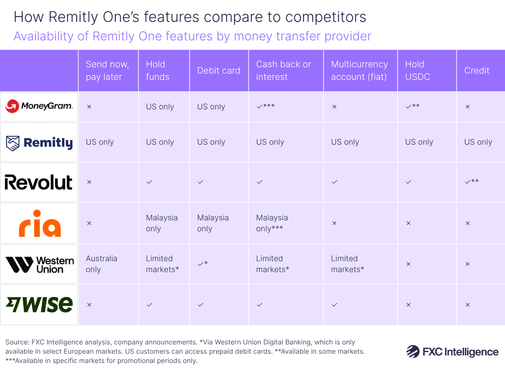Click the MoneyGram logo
tap(39, 106)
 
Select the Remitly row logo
tap(39, 143)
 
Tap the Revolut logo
tap(39, 183)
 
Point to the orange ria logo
tap(40, 223)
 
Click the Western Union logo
tap(40, 264)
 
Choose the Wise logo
tap(39, 304)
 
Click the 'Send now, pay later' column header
tap(107, 71)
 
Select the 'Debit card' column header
tap(218, 71)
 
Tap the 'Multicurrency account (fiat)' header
tap(359, 71)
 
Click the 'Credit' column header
tap(476, 71)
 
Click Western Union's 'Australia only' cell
tap(101, 264)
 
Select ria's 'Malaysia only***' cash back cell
tap(272, 223)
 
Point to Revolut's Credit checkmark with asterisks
tap(471, 182)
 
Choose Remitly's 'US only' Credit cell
tap(478, 142)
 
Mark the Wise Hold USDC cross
tap(408, 305)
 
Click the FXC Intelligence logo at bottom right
tap(452, 352)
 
